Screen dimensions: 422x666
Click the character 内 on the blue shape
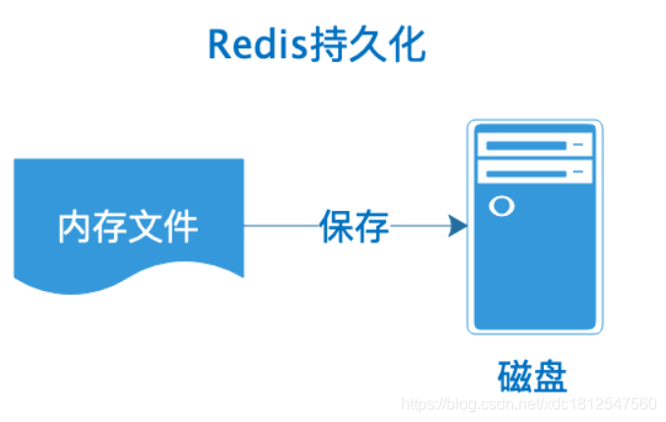click(76, 227)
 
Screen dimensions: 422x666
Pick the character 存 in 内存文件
click(110, 227)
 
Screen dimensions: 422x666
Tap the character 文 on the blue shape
click(146, 227)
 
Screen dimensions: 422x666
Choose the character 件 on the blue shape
click(181, 227)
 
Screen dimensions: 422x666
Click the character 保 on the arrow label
click(336, 227)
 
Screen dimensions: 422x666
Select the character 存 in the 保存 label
click(372, 227)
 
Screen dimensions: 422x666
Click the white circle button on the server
click(500, 207)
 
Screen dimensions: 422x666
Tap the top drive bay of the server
click(533, 146)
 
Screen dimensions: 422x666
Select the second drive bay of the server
click(533, 173)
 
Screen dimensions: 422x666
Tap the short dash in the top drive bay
click(579, 146)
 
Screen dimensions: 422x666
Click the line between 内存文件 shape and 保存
click(281, 226)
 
